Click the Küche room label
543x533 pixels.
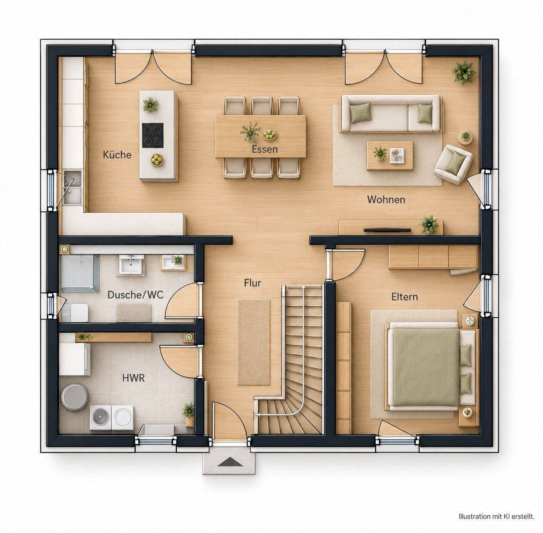(117, 154)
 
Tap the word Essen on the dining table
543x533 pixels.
(264, 149)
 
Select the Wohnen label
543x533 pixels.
(386, 200)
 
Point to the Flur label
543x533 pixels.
(252, 283)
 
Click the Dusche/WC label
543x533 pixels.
(135, 295)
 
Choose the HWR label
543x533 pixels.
(133, 378)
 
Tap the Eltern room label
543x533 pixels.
(404, 297)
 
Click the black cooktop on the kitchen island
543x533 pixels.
(152, 136)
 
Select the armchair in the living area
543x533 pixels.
(453, 164)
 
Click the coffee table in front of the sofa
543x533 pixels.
(390, 156)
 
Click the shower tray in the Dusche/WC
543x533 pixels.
(80, 274)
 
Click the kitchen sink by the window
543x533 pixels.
(73, 187)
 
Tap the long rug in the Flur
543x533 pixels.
(254, 342)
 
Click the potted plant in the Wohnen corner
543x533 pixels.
(463, 72)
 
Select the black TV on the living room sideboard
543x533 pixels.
(387, 230)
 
